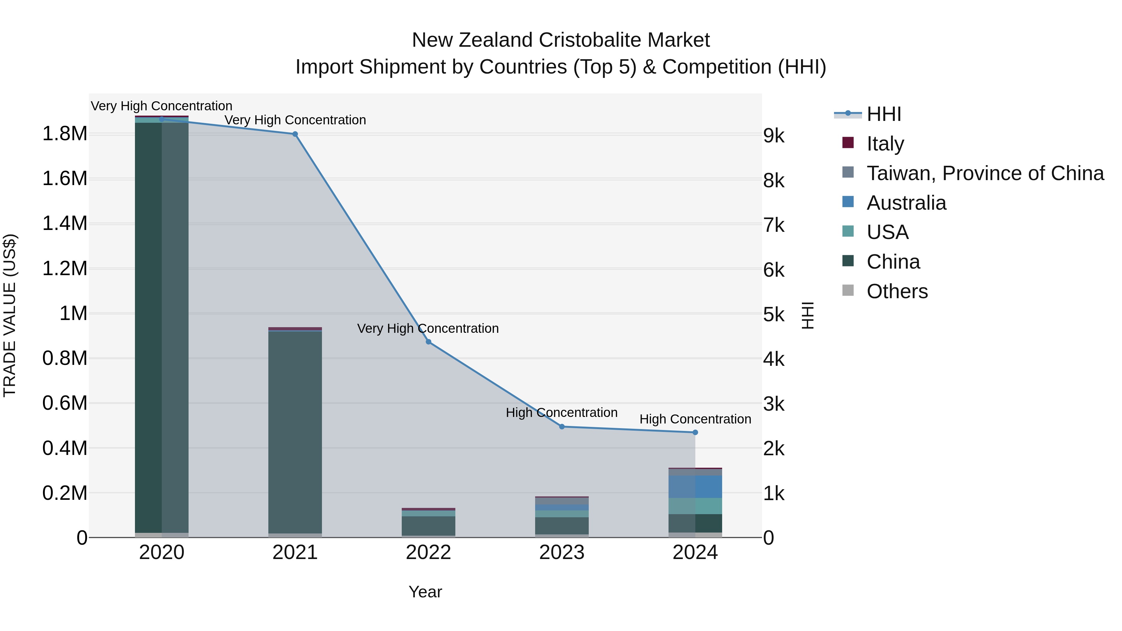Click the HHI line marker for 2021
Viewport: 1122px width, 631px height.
coord(295,134)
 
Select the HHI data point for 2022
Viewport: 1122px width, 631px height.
coord(428,342)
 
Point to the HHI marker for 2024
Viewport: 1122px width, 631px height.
coord(695,433)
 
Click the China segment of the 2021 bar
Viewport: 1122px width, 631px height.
coord(295,431)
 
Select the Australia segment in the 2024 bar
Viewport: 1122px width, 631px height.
coord(695,486)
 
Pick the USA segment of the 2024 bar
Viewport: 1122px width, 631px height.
coord(695,506)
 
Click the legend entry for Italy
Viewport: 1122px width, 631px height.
coord(885,143)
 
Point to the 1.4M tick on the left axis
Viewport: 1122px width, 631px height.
coord(65,223)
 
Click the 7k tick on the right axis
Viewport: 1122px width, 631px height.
coord(774,226)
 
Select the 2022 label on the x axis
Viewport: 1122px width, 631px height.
coord(428,552)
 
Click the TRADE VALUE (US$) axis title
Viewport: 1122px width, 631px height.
coord(10,315)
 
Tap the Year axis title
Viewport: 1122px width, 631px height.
coord(425,592)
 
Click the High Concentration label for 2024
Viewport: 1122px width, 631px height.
coord(695,419)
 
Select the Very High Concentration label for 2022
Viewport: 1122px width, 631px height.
coord(428,328)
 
